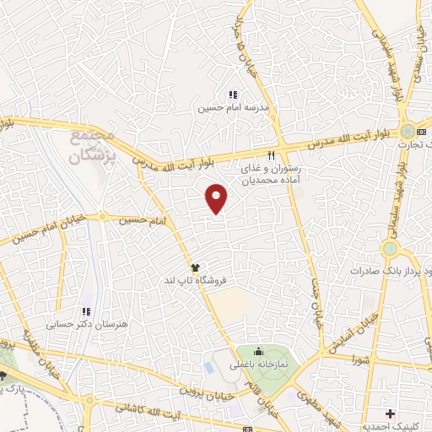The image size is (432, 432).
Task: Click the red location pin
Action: (x=218, y=197)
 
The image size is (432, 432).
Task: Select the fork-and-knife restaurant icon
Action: (x=271, y=155)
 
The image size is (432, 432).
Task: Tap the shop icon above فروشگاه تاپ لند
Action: (x=194, y=265)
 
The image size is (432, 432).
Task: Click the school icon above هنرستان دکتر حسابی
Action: (x=84, y=310)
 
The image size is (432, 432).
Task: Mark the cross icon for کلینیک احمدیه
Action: (x=389, y=414)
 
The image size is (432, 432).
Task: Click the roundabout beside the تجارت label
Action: (x=408, y=132)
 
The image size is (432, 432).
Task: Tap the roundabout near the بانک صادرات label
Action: (x=389, y=249)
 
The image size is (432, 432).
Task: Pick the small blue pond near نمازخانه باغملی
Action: (x=208, y=368)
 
